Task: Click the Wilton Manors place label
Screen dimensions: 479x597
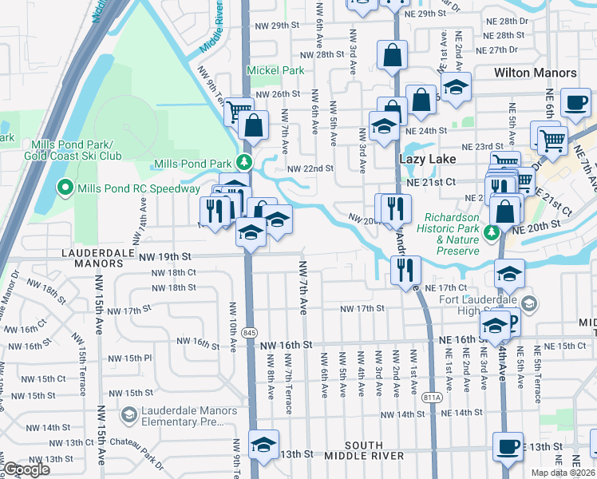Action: (x=535, y=73)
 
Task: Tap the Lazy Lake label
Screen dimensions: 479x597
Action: (x=421, y=160)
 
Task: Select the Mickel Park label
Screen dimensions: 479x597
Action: (x=275, y=70)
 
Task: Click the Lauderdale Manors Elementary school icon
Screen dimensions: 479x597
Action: (x=128, y=414)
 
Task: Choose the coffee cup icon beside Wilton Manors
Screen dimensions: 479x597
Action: (x=575, y=101)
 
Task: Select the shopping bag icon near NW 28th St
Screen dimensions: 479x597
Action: (x=392, y=55)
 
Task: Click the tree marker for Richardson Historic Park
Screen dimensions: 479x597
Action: (x=492, y=232)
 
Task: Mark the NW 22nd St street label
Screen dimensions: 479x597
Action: (x=310, y=169)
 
